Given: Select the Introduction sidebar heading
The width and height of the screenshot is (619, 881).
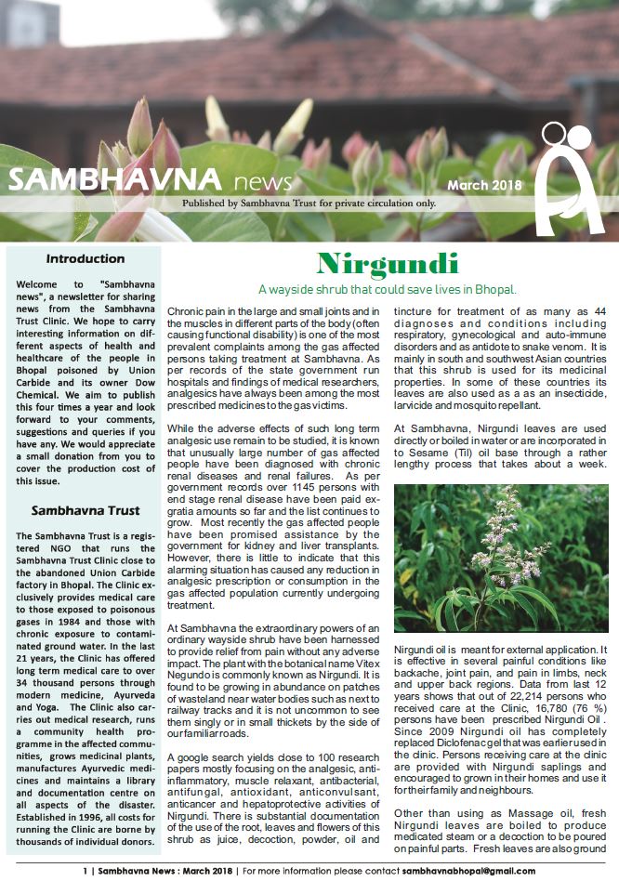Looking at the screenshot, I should [85, 259].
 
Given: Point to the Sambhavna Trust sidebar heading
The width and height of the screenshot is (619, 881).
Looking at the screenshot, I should [85, 510].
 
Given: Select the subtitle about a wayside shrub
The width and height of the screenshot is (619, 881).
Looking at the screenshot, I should [388, 290].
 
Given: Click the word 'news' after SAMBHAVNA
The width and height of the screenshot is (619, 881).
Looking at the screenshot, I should [263, 181].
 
